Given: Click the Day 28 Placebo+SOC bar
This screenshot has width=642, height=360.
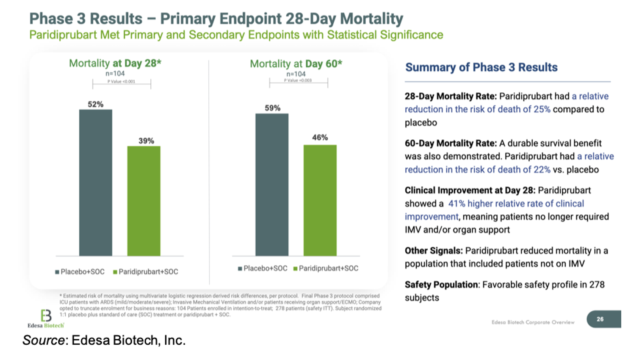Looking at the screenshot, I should click(96, 183).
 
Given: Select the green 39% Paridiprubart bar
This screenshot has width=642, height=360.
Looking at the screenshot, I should click(144, 201).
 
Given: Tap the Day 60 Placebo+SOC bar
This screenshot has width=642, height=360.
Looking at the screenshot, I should click(272, 185).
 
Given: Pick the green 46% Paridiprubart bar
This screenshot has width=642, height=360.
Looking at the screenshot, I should click(320, 200).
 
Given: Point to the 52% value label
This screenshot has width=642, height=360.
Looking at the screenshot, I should click(96, 104).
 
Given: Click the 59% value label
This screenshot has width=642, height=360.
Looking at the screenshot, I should click(272, 108).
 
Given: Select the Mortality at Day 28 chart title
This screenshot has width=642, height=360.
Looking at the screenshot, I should click(115, 63).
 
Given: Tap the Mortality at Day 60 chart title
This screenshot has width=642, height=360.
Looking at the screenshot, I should click(296, 64).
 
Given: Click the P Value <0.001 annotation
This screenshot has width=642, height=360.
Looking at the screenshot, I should click(121, 81).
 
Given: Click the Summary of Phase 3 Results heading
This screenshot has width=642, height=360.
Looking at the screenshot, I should click(481, 67).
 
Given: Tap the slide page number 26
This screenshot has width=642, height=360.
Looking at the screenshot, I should click(600, 319).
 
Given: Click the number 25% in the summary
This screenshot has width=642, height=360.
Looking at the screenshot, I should click(542, 109).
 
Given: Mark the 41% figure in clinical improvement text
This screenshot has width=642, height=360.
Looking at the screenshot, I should click(457, 204).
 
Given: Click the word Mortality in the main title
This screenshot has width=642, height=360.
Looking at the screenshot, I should click(371, 19).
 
